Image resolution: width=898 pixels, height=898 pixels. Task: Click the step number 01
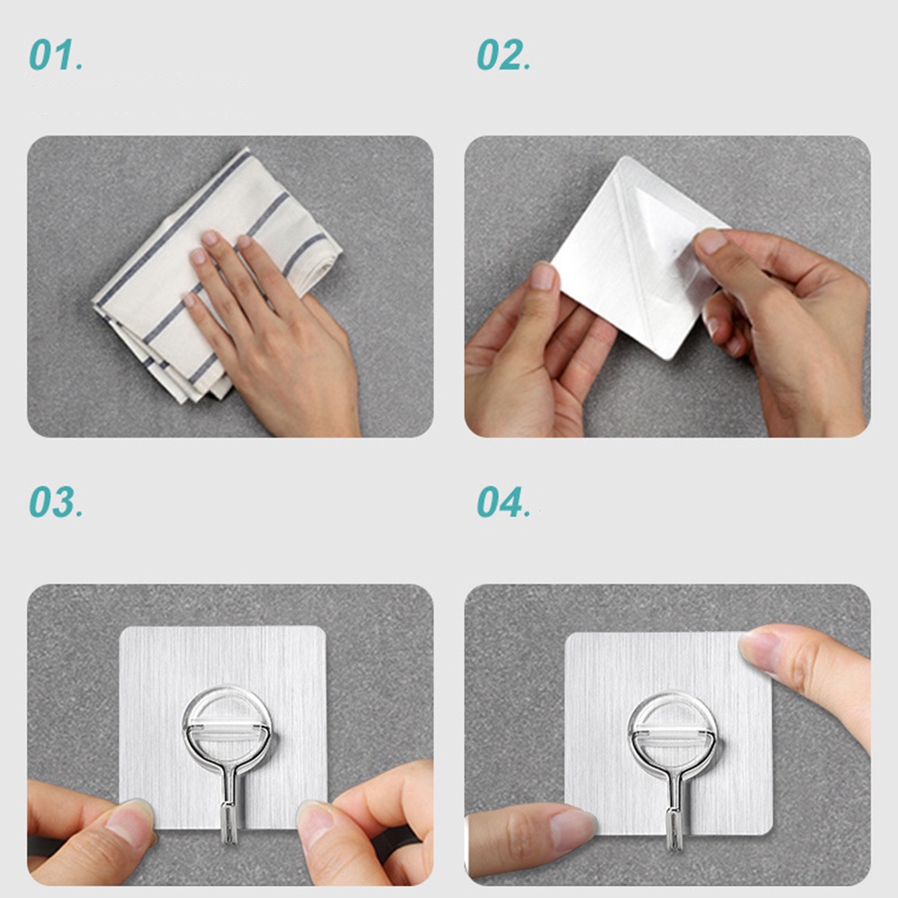tap(56, 55)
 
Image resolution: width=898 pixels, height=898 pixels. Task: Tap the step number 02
tap(503, 55)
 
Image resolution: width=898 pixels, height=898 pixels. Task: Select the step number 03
tap(56, 502)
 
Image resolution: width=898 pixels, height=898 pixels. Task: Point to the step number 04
tap(503, 502)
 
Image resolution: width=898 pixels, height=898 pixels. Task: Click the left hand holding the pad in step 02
tap(533, 355)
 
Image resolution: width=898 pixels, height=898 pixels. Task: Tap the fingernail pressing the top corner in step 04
tap(757, 651)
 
